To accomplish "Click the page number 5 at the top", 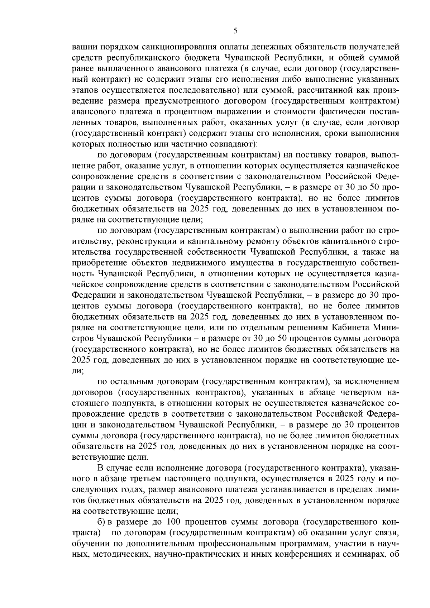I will pos(235,31).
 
